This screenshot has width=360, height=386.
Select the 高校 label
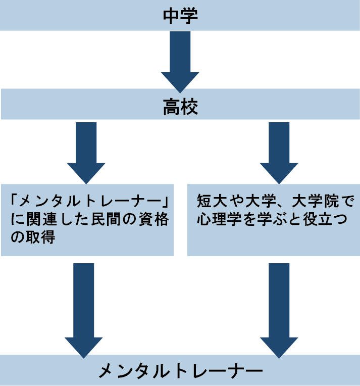[180, 107]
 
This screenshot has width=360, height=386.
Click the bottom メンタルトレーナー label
[180, 372]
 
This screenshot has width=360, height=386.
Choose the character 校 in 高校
[189, 107]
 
